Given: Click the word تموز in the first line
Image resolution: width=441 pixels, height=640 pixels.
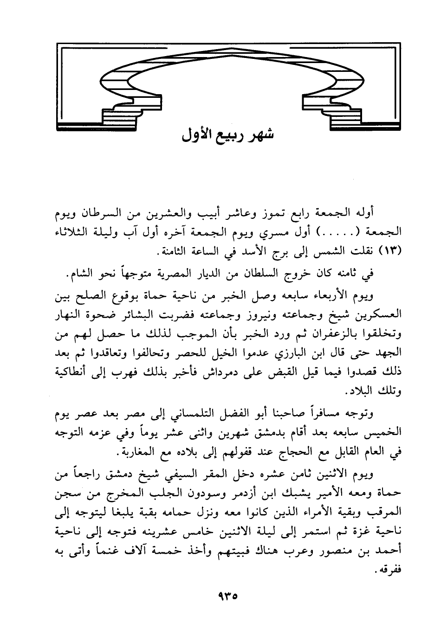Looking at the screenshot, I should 279,213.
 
